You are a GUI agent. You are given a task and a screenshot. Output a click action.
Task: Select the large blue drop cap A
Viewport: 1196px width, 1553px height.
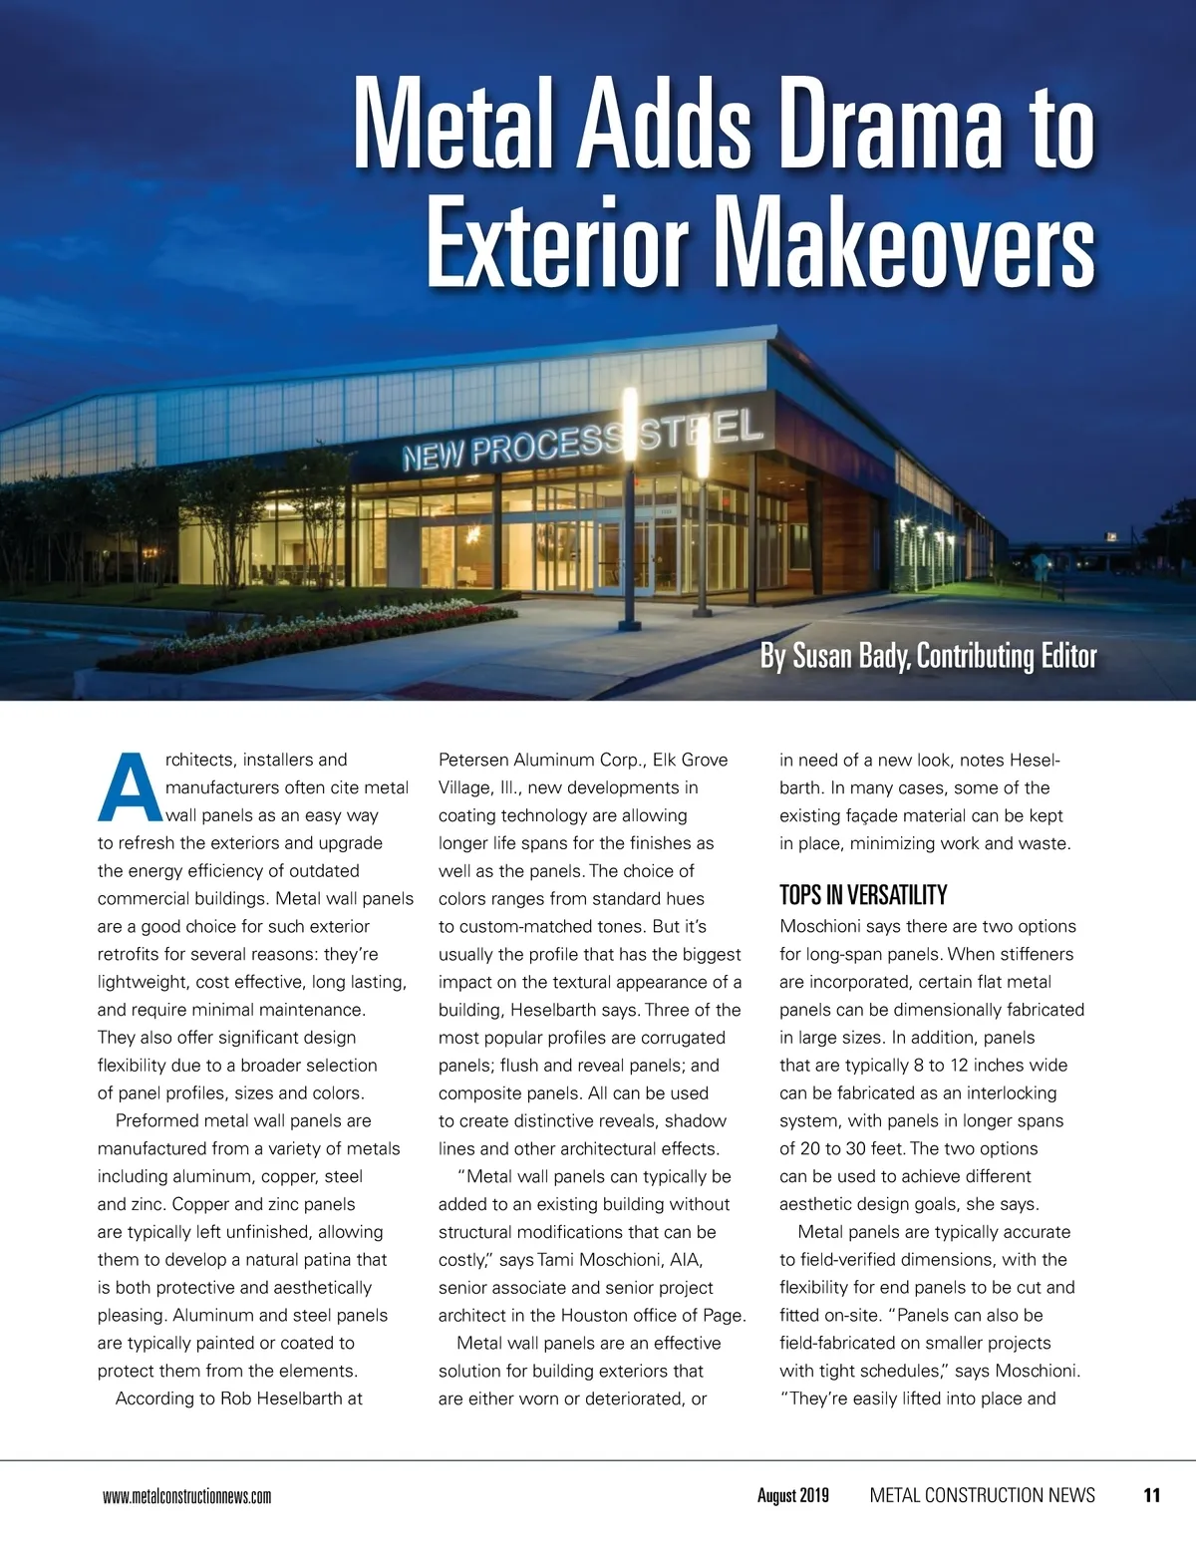point(130,787)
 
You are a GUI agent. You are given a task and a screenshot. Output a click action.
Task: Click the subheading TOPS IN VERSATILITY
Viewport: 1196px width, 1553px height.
point(863,894)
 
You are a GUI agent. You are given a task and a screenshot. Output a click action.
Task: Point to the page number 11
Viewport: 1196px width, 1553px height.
point(1151,1495)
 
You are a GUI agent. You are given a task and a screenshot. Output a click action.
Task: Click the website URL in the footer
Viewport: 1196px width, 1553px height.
point(186,1496)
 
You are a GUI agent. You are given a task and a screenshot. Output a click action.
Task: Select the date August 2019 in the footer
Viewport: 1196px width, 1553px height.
point(792,1495)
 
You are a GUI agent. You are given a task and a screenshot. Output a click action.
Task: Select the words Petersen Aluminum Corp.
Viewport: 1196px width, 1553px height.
point(542,760)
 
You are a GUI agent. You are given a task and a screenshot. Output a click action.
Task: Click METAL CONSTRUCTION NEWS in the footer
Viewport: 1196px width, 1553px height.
point(982,1495)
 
